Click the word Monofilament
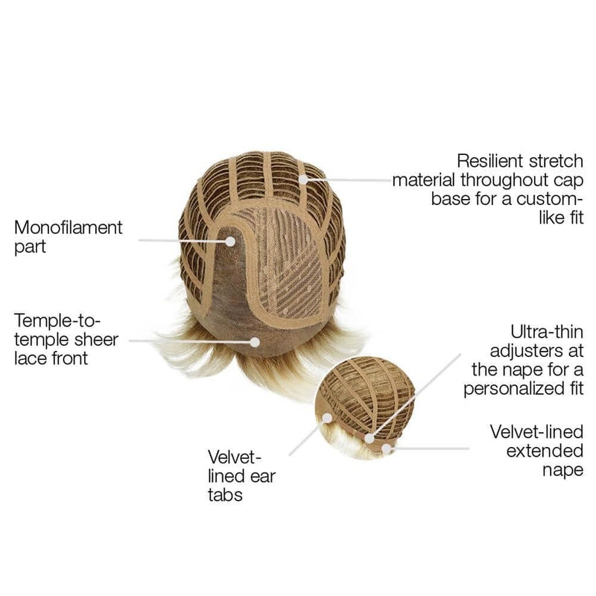69,228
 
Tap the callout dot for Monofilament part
230,241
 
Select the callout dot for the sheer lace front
255,342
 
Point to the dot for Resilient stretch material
303,180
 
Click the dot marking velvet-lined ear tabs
327,418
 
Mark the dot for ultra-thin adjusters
370,438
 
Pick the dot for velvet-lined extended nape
387,449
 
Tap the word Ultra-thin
547,332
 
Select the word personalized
511,389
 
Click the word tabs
225,495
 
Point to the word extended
545,451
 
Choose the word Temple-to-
57,321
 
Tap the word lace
32,358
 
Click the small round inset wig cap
365,408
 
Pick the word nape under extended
562,471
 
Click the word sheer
96,340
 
